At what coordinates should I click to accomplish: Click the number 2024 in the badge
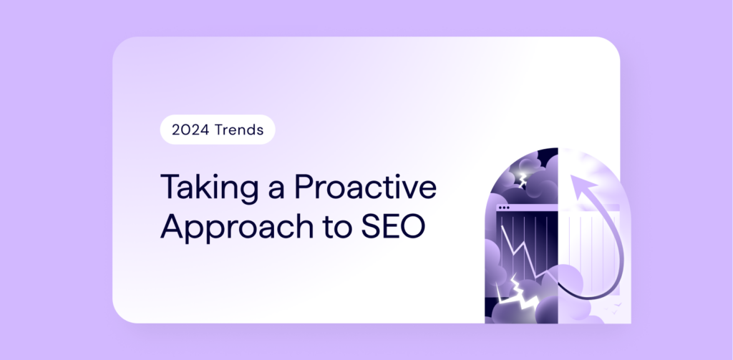(190, 130)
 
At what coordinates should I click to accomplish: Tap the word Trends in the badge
(239, 130)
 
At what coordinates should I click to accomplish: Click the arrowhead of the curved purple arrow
(581, 185)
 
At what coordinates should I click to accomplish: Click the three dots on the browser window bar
(504, 207)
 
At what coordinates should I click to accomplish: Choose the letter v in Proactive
(409, 191)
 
